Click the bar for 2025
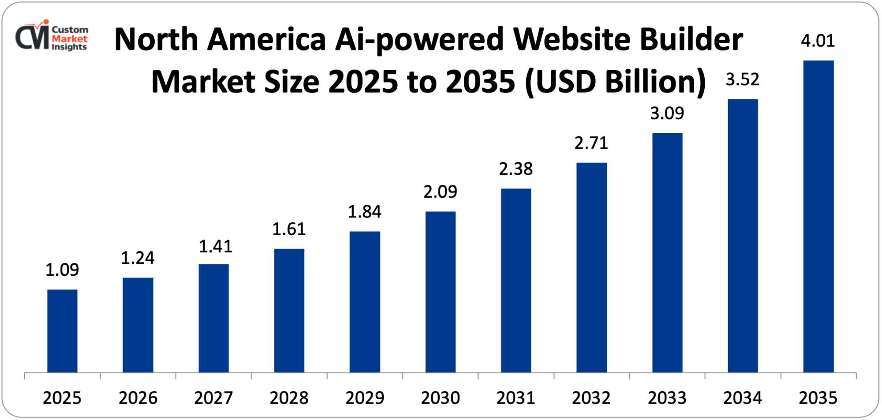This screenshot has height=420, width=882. tap(62, 331)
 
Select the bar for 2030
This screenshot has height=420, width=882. tap(440, 292)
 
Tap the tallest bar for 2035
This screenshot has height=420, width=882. tap(818, 216)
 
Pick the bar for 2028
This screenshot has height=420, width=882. tap(289, 310)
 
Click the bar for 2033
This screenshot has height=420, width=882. tap(667, 252)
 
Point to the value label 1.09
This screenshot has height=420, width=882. tap(62, 270)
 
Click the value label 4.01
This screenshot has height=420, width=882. tap(818, 41)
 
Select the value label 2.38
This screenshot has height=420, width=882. tap(516, 169)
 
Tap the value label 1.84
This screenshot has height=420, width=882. tap(364, 212)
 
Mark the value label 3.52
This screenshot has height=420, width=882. tap(742, 80)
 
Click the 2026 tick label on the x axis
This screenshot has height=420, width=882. tap(138, 398)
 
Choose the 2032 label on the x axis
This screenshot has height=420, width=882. tap(591, 398)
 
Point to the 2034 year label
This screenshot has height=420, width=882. tap(742, 398)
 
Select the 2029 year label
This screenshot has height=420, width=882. tap(364, 398)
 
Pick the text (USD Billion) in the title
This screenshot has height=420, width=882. tap(616, 82)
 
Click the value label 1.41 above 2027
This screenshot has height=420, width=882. tap(215, 247)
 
